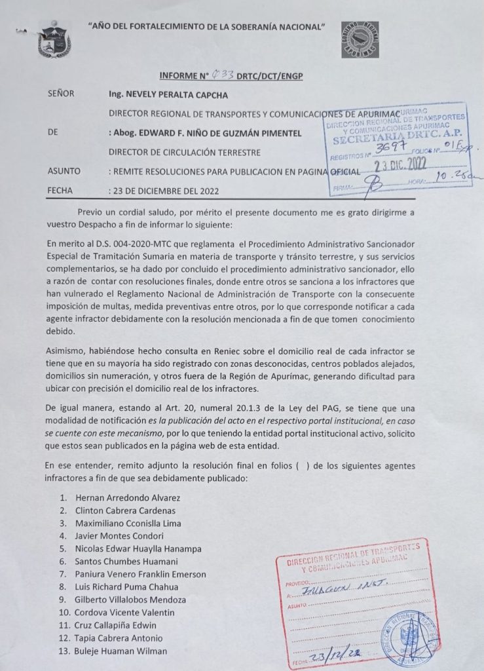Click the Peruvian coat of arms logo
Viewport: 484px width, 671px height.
click(x=54, y=39)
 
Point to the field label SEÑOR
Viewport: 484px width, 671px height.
click(x=61, y=94)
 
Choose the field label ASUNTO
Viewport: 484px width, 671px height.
click(x=64, y=171)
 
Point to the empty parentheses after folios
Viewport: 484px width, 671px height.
click(x=301, y=465)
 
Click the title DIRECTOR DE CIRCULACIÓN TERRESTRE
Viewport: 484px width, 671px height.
click(x=185, y=153)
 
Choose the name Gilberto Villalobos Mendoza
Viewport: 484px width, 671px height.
click(x=131, y=600)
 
